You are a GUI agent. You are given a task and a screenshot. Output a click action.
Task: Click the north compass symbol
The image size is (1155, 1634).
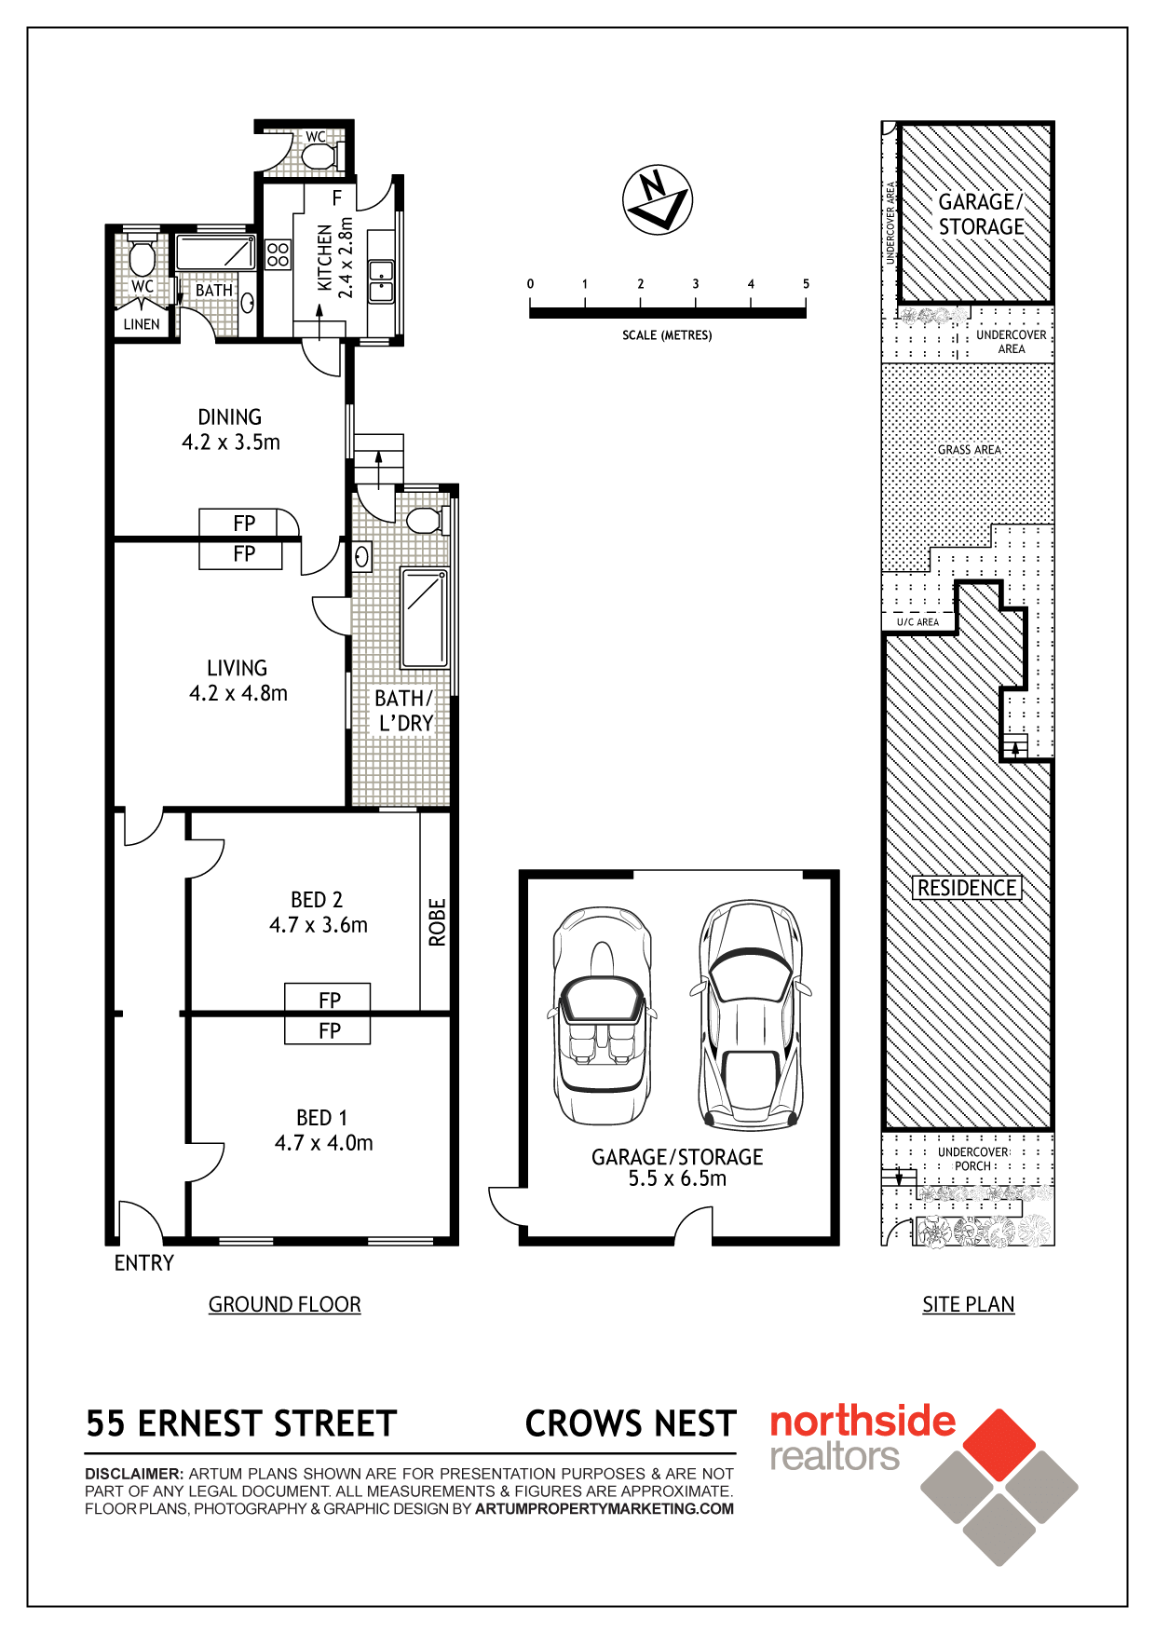[658, 200]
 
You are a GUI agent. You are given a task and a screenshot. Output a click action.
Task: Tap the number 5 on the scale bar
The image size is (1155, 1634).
[806, 283]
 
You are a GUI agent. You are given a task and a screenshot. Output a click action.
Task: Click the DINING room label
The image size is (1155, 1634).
[230, 416]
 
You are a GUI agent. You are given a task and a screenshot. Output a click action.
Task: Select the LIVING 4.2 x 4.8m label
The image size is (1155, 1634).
[238, 680]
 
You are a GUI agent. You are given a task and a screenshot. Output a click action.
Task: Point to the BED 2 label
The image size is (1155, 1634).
[317, 900]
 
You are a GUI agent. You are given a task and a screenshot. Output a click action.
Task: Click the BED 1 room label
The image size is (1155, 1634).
[322, 1118]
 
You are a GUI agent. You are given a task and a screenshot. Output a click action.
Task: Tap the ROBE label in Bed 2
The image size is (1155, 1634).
[437, 922]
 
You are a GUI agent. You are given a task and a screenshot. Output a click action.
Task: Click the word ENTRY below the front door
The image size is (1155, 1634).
[144, 1263]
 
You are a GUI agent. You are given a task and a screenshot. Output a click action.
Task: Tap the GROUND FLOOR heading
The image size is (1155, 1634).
[285, 1304]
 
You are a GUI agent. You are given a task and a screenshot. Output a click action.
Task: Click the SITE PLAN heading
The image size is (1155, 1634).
[969, 1304]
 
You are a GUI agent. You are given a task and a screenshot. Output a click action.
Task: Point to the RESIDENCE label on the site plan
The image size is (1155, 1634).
[967, 888]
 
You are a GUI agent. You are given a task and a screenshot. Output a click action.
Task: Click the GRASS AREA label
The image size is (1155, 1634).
[970, 450]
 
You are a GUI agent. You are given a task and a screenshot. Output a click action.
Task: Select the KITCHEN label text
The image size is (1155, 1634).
[324, 258]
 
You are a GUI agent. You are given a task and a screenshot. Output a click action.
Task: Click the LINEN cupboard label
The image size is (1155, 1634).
[142, 324]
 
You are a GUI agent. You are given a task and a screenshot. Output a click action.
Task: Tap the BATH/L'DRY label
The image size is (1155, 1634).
[404, 711]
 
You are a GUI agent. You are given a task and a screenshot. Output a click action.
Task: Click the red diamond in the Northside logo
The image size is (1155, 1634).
[999, 1445]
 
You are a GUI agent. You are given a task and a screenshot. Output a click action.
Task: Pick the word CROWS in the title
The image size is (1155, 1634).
[585, 1423]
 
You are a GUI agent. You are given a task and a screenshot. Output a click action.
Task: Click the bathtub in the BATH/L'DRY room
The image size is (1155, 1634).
[425, 619]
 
